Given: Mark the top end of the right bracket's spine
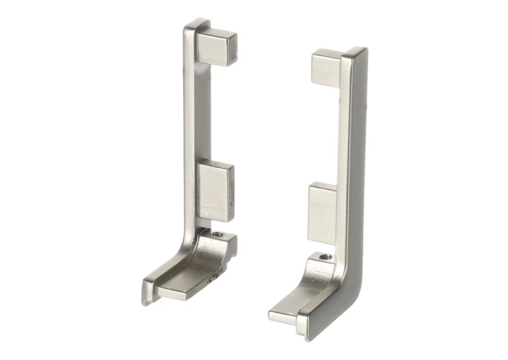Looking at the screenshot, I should pos(354,54).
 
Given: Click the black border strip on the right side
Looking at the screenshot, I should pos(471,180).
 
